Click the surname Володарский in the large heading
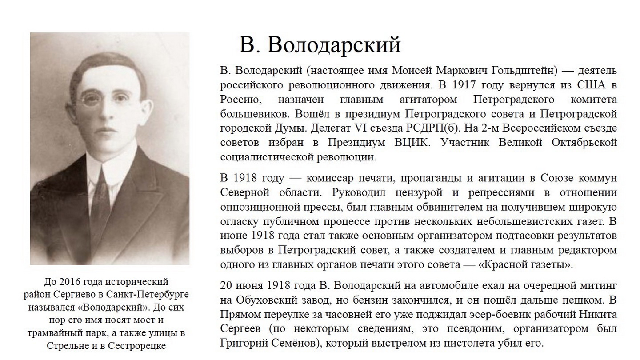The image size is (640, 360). click(x=334, y=44)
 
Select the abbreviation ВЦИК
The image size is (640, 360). click(x=412, y=143)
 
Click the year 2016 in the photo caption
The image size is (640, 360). click(x=69, y=281)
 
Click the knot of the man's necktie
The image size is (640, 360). click(x=101, y=174)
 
